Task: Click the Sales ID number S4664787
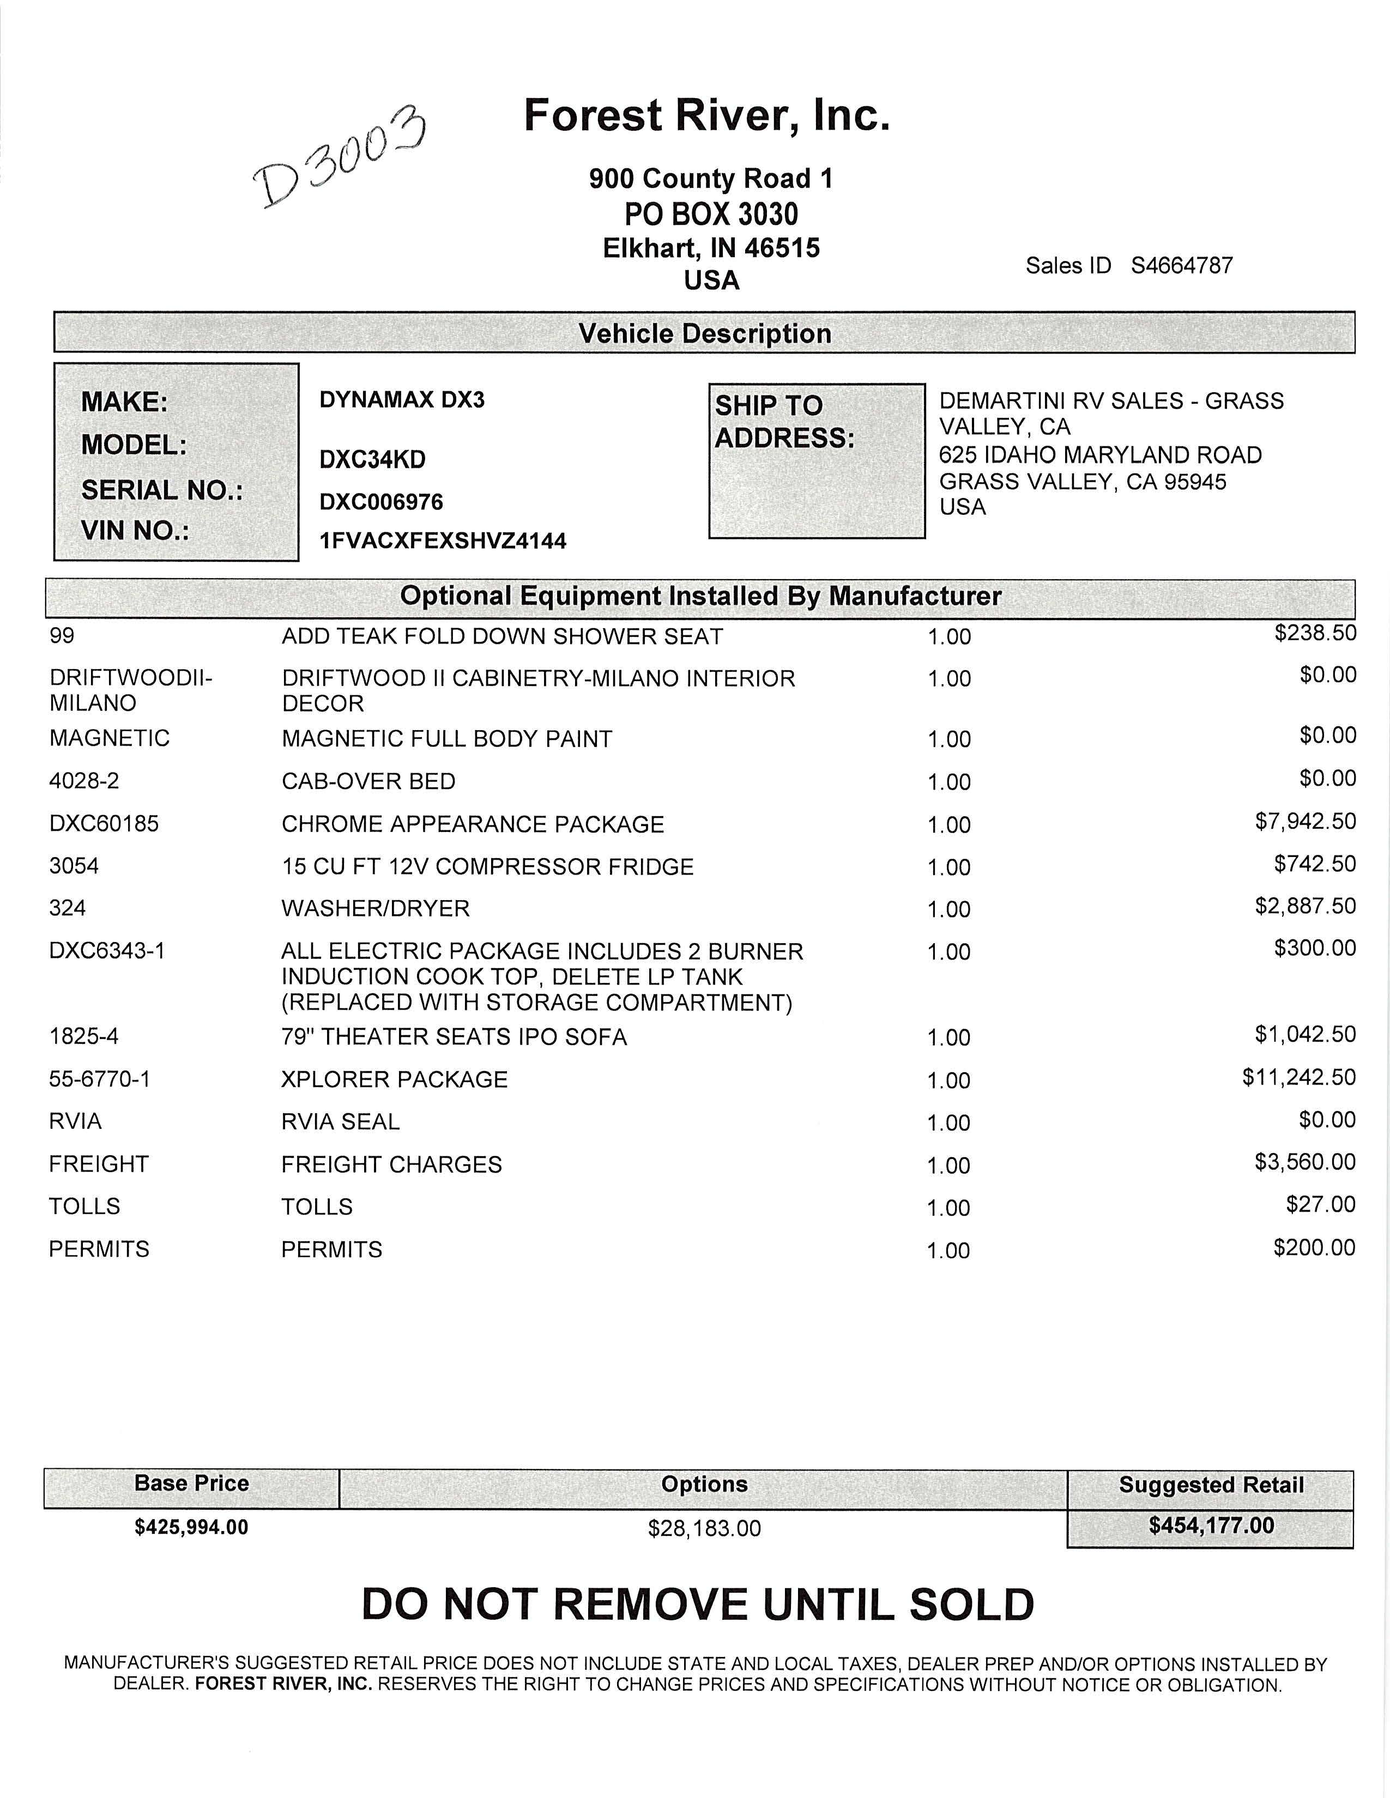tap(1182, 265)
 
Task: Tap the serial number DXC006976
tap(380, 501)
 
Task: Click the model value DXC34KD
tap(372, 459)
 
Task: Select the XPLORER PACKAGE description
tap(395, 1079)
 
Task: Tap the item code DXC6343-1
tap(107, 951)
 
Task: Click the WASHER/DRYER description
tap(376, 908)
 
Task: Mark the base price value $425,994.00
tap(191, 1527)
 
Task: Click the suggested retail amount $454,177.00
tap(1211, 1526)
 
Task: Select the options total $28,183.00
tap(704, 1529)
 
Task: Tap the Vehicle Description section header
tap(704, 333)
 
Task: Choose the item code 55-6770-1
tap(100, 1078)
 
